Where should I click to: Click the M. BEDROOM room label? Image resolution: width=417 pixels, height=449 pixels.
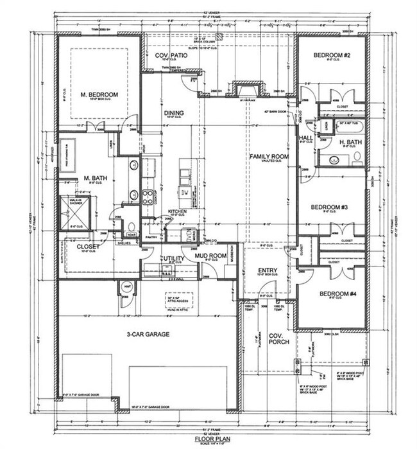[x=99, y=95]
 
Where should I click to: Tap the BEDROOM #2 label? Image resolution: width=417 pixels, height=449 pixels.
[x=331, y=57]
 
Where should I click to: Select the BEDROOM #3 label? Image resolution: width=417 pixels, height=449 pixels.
[x=328, y=207]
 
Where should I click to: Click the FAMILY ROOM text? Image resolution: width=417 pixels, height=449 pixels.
[x=269, y=156]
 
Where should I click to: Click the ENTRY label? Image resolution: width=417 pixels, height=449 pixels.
[x=268, y=270]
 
